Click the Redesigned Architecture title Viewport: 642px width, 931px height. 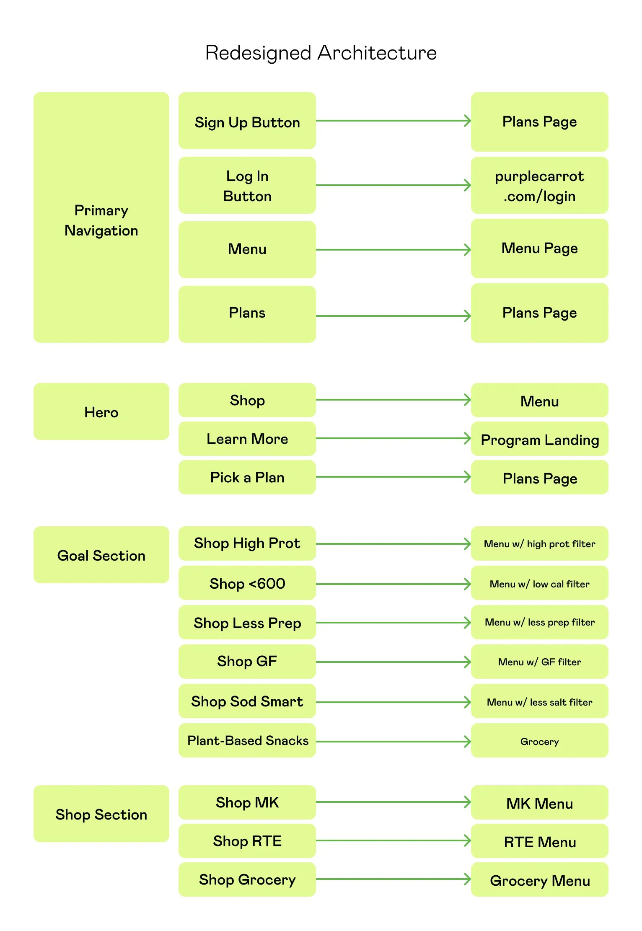click(x=321, y=53)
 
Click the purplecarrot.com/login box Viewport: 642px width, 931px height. click(x=539, y=186)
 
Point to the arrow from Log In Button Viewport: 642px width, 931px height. click(x=393, y=185)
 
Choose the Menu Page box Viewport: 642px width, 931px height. click(x=539, y=248)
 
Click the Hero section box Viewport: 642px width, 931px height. click(x=101, y=411)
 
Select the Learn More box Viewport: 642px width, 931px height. click(x=247, y=439)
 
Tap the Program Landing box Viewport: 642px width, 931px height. click(x=539, y=439)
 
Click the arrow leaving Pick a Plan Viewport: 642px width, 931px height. click(x=393, y=477)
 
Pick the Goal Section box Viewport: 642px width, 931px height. click(x=101, y=555)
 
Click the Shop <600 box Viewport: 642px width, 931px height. click(x=247, y=583)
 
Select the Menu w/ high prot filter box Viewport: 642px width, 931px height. click(x=539, y=543)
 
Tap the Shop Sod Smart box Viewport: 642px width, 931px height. click(x=247, y=701)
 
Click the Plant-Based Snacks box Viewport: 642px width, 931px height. click(x=247, y=740)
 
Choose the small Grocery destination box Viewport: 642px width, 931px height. click(x=539, y=741)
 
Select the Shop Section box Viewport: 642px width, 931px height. click(x=101, y=814)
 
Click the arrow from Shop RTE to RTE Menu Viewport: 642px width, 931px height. click(x=393, y=840)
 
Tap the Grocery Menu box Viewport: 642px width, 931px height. click(x=539, y=880)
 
